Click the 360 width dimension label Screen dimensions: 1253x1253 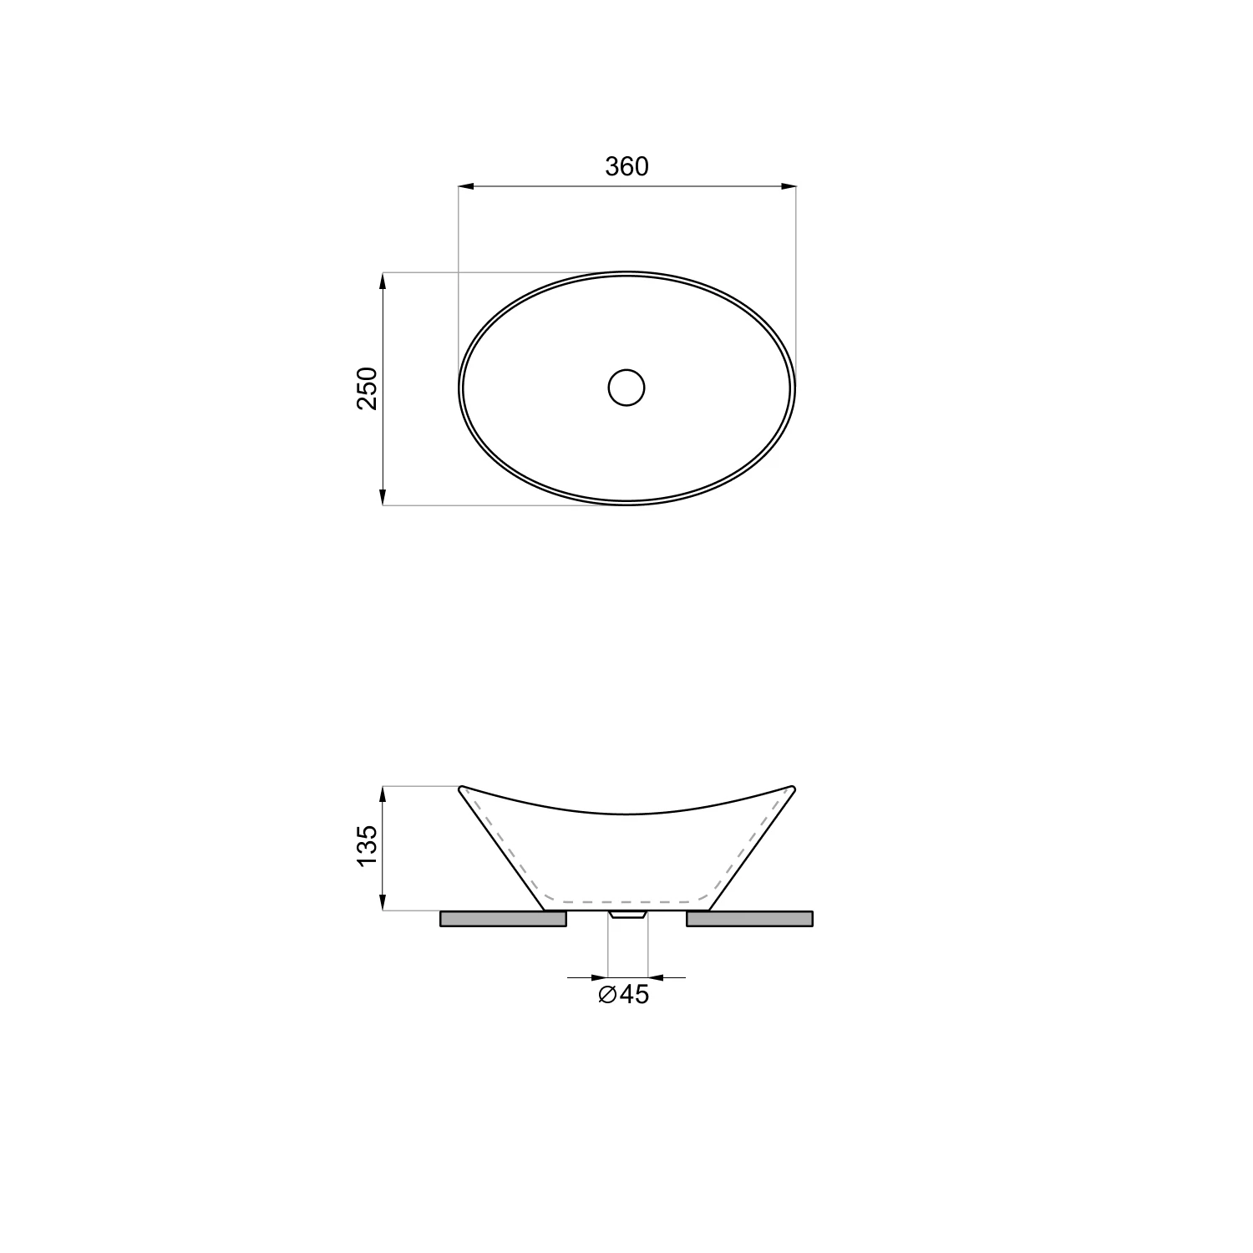pos(626,167)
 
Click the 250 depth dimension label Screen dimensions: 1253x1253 pos(368,388)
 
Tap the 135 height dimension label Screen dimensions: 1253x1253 pos(368,845)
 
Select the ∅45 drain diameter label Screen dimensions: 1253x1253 pos(624,995)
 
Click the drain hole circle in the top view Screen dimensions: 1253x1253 pos(626,388)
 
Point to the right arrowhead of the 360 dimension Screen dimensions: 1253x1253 pos(788,186)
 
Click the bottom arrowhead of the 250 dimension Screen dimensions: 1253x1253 pos(383,496)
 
